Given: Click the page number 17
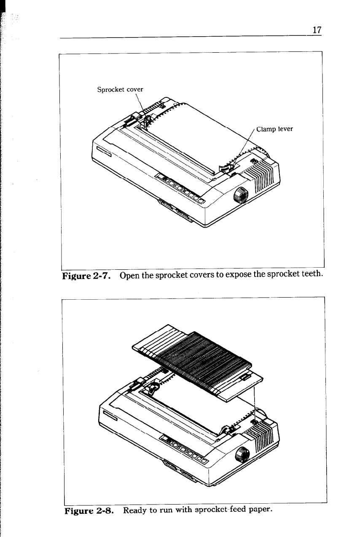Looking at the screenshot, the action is click(317, 30).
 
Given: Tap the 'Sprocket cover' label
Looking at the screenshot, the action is click(120, 89).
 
